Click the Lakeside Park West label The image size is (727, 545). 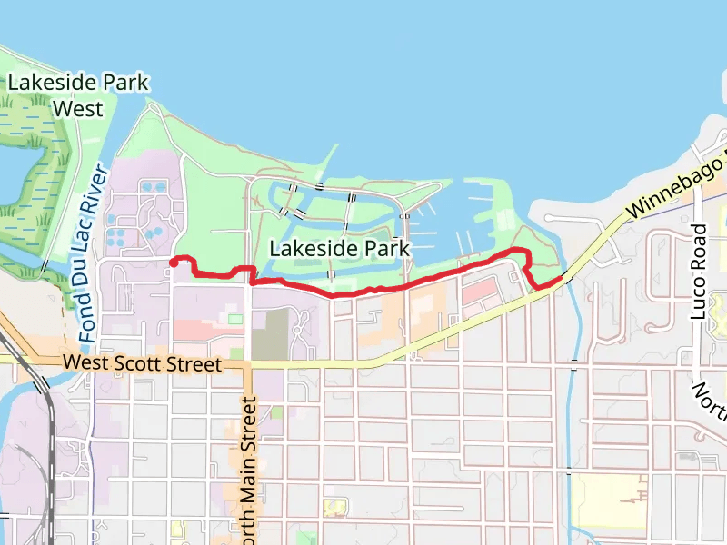[77, 94]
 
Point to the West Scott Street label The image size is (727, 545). [143, 363]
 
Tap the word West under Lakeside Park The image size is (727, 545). [77, 108]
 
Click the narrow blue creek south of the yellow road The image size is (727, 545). [571, 400]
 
